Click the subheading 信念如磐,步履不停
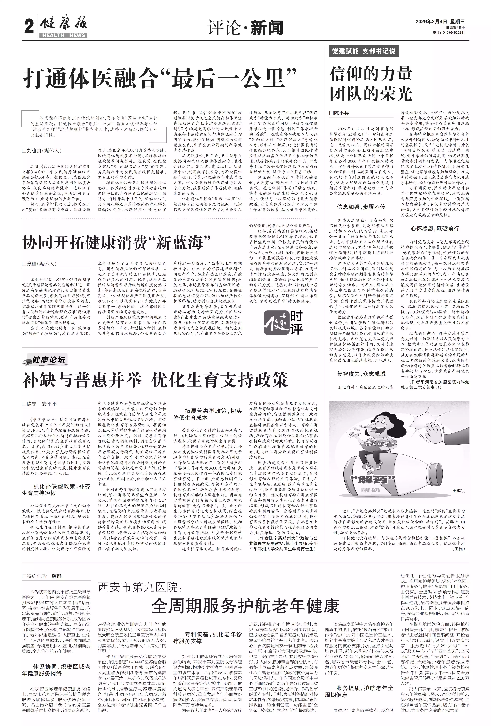(x=361, y=207)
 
